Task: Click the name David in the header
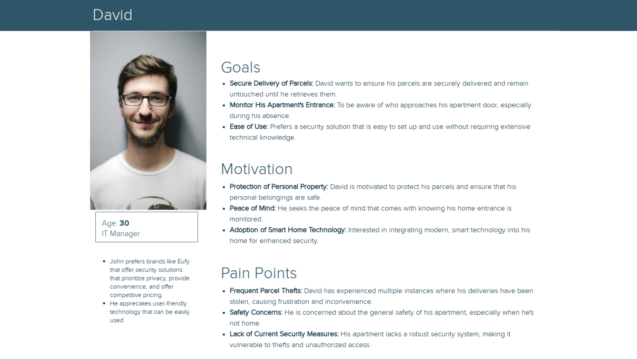pyautogui.click(x=112, y=15)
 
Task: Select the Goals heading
pyautogui.click(x=241, y=68)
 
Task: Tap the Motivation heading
pyautogui.click(x=256, y=169)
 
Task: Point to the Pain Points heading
pyautogui.click(x=259, y=273)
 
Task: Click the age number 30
pyautogui.click(x=124, y=223)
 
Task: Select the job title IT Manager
pyautogui.click(x=121, y=233)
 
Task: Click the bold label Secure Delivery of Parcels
pyautogui.click(x=271, y=83)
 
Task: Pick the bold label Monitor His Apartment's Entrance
pyautogui.click(x=282, y=105)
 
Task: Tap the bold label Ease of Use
pyautogui.click(x=249, y=127)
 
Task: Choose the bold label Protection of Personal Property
pyautogui.click(x=279, y=187)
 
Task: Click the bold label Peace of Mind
pyautogui.click(x=253, y=208)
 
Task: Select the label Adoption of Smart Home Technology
pyautogui.click(x=288, y=230)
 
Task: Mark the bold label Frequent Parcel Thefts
pyautogui.click(x=265, y=291)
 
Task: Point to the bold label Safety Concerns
pyautogui.click(x=256, y=312)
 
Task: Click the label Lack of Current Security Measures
pyautogui.click(x=284, y=334)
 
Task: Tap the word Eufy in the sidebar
pyautogui.click(x=183, y=261)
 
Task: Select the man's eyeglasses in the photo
pyautogui.click(x=146, y=100)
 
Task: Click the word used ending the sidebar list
pyautogui.click(x=117, y=320)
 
